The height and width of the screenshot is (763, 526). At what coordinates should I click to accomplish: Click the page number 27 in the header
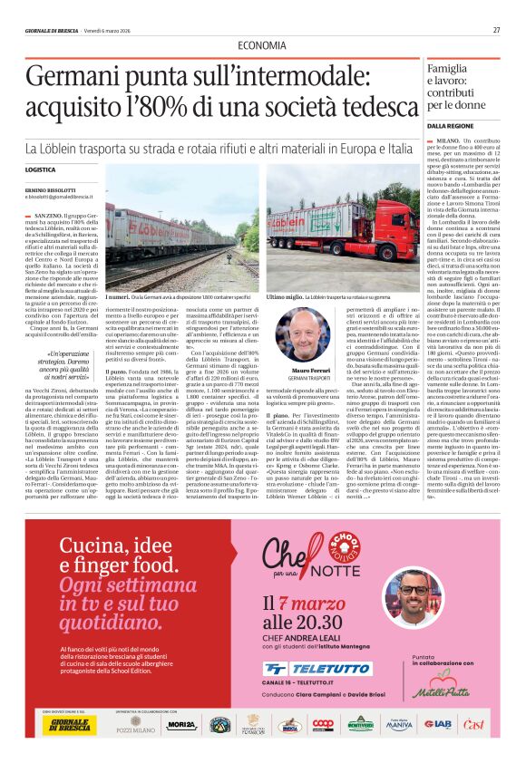[x=497, y=30]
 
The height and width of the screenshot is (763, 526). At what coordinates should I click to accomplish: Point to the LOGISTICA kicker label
[x=41, y=170]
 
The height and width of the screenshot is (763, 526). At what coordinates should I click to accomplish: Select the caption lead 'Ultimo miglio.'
[x=284, y=296]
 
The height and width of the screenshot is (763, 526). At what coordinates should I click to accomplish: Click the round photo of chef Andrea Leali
[x=414, y=599]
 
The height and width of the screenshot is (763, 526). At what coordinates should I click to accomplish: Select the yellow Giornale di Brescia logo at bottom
[x=66, y=723]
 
